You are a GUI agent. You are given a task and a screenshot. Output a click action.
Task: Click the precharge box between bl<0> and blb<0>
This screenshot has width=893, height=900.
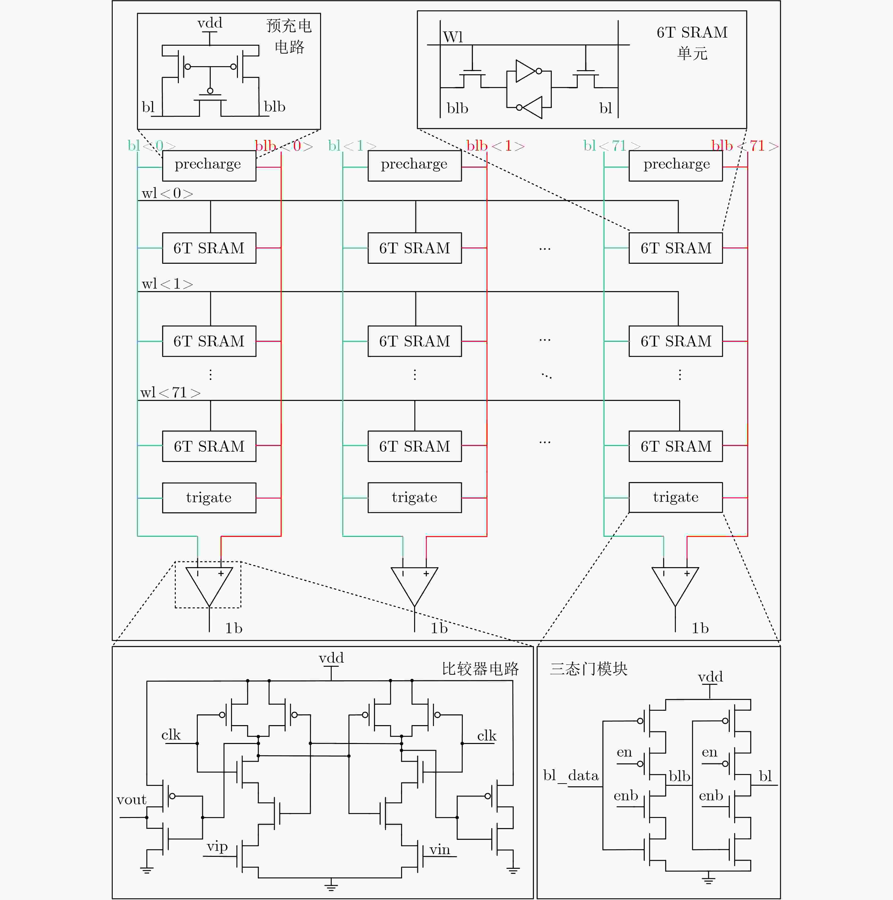click(209, 165)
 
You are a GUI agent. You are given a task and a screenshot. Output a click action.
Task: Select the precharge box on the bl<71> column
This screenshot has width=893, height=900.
click(676, 165)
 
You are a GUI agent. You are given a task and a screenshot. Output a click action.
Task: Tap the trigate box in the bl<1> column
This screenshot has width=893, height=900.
click(414, 498)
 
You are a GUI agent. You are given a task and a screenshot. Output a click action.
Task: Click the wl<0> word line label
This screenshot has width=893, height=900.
click(167, 193)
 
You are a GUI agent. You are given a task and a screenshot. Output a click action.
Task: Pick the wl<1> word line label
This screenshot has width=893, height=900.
click(167, 284)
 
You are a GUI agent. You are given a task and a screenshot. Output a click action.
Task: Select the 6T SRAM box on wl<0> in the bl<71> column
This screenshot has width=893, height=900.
click(676, 248)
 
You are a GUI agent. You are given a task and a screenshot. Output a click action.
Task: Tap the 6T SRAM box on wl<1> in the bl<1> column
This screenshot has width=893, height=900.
click(414, 341)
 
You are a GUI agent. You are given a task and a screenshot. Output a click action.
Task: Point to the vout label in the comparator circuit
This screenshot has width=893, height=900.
click(131, 800)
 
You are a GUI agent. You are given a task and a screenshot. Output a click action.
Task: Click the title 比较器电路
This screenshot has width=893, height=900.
click(480, 669)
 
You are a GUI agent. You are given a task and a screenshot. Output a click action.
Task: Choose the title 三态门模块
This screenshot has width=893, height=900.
click(588, 669)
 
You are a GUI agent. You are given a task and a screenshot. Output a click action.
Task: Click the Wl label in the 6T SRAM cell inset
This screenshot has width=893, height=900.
click(453, 37)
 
